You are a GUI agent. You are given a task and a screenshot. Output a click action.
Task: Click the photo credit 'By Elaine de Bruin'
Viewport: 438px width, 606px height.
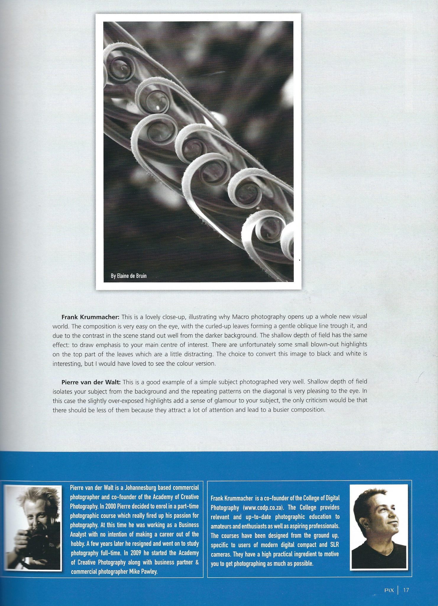(129, 276)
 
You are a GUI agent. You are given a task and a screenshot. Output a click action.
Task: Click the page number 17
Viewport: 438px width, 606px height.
(406, 590)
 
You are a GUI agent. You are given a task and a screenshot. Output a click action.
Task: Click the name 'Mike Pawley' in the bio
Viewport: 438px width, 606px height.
(143, 571)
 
